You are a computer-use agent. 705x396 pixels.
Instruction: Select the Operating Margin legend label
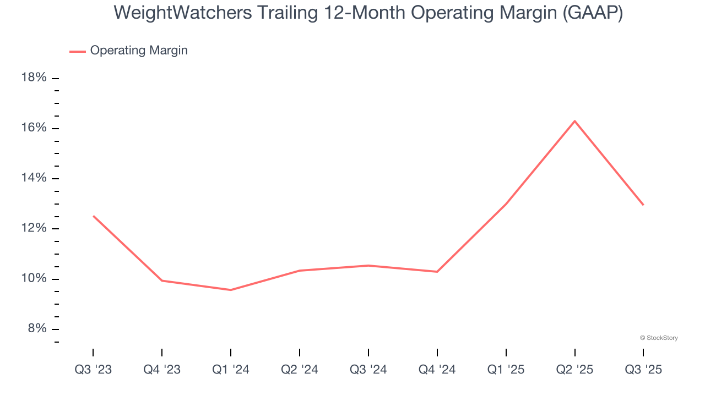coord(139,51)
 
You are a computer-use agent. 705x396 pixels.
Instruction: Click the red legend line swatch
coord(77,51)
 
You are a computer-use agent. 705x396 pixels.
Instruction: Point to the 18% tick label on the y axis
coord(34,78)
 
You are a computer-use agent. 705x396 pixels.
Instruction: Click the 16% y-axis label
coord(34,128)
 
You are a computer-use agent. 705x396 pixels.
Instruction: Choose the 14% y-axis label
coord(34,178)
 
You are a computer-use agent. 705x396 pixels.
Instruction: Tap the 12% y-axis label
coord(34,228)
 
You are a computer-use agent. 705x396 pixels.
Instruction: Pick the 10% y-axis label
coord(34,279)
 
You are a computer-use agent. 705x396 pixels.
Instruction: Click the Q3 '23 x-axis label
coord(93,370)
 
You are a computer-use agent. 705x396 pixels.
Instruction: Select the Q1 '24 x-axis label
coord(231,370)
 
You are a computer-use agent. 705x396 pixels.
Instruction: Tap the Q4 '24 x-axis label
coord(437,370)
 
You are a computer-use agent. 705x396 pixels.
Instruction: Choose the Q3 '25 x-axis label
coord(643,370)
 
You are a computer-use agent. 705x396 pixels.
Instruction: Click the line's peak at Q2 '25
coord(574,121)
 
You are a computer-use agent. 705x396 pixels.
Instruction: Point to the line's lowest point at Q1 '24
coord(231,290)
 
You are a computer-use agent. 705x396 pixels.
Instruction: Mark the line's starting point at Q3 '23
coord(93,216)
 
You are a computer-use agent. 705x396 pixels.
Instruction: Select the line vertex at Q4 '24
coord(437,272)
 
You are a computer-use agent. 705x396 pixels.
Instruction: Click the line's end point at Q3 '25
coord(643,205)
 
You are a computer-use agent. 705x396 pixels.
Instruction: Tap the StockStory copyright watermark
coord(659,338)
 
